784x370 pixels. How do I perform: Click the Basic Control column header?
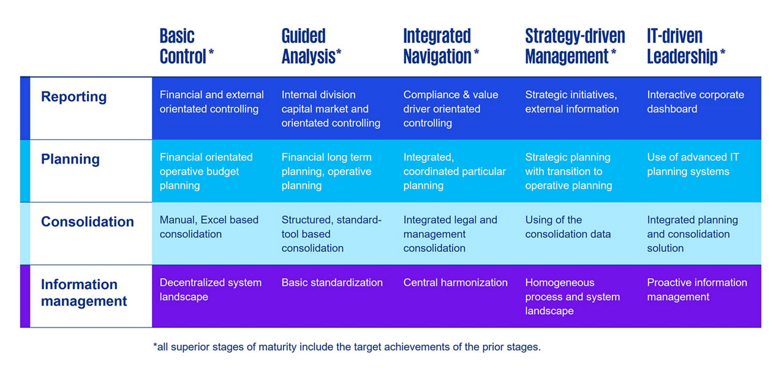click(x=187, y=46)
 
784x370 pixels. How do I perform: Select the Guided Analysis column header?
click(x=311, y=46)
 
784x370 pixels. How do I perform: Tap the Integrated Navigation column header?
click(x=441, y=46)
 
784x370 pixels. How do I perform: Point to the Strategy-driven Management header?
click(x=575, y=46)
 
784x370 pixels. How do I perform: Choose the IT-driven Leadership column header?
click(x=686, y=46)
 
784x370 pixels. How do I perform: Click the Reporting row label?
click(x=74, y=97)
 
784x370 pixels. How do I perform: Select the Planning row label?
click(x=70, y=159)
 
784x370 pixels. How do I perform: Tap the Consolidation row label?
click(x=88, y=222)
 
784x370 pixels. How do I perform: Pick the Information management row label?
click(x=84, y=293)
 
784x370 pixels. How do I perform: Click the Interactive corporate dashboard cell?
click(x=695, y=102)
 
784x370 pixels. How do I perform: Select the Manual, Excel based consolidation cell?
click(x=209, y=227)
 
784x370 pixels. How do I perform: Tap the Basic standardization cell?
click(x=332, y=282)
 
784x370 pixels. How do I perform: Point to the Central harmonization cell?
click(x=455, y=282)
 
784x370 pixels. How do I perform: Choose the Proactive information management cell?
click(x=697, y=290)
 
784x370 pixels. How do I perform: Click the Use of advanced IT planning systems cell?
click(x=693, y=164)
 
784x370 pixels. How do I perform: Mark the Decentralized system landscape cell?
click(x=210, y=290)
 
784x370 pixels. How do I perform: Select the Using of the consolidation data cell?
click(x=568, y=227)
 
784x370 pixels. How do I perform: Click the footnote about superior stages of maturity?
click(x=347, y=347)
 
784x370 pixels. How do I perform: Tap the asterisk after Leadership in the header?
click(x=723, y=53)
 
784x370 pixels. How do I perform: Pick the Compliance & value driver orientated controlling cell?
click(x=450, y=109)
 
